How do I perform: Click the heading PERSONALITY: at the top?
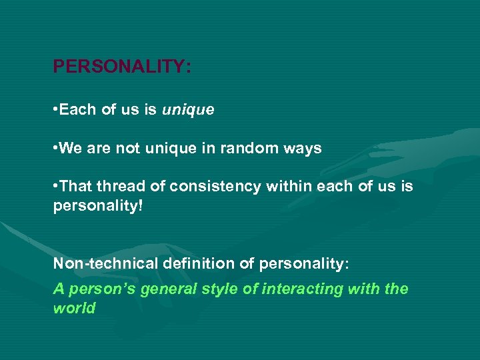[122, 67]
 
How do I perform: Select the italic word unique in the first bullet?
[188, 110]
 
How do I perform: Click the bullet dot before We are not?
[55, 149]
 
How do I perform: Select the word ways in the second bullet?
[305, 149]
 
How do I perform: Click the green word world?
[74, 308]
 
